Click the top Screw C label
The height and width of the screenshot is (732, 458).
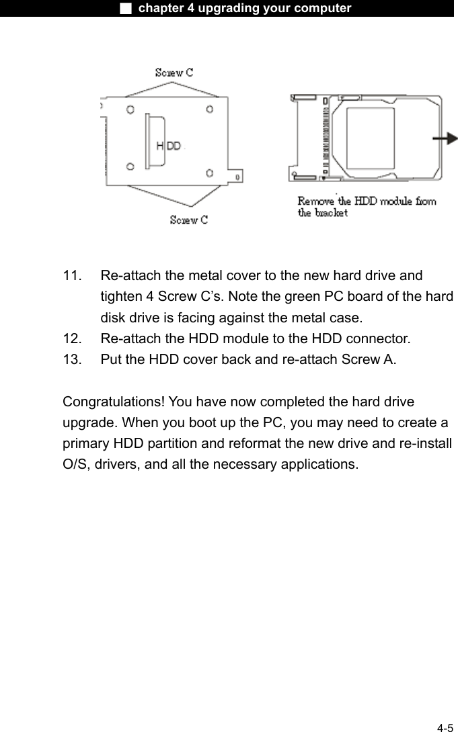pos(174,73)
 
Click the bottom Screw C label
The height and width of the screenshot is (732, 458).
pos(188,220)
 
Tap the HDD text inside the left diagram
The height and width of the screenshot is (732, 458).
pos(168,145)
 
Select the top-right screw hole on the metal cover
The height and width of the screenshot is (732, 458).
pos(210,109)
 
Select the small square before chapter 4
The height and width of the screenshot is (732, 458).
pos(125,8)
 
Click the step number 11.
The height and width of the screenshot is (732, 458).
pos(73,276)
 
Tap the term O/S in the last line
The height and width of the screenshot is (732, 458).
pos(73,464)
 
